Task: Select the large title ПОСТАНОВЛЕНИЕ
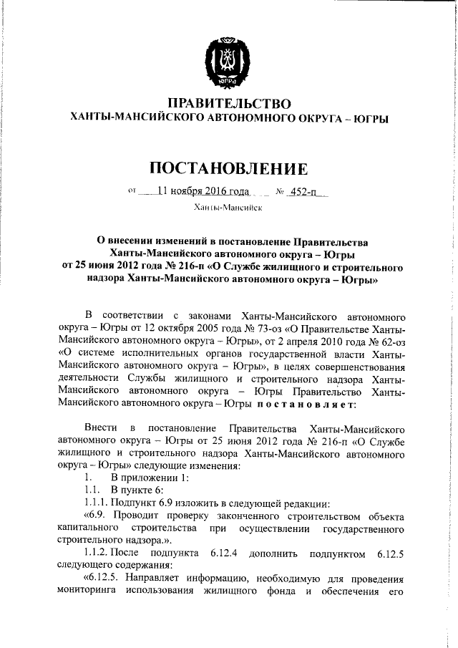tap(229, 168)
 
